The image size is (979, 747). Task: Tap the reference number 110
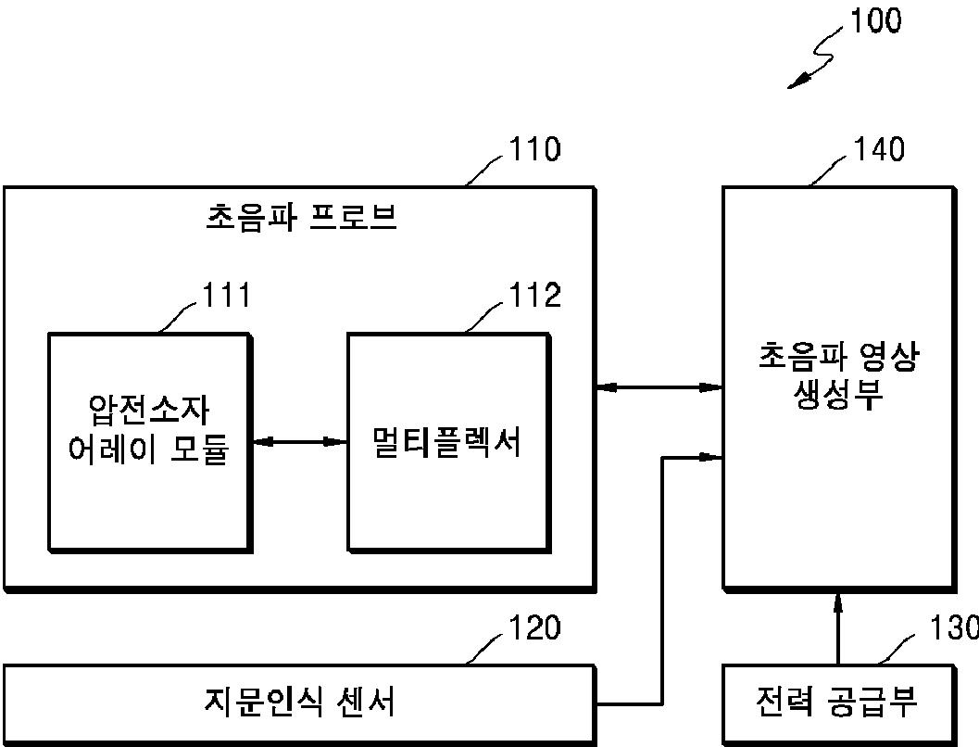534,149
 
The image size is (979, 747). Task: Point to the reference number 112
534,297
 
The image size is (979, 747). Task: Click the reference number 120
534,628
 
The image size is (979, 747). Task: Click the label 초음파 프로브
300,218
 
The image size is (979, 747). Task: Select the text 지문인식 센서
299,702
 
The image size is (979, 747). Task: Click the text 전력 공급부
836,702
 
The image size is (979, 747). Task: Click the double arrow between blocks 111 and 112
299,442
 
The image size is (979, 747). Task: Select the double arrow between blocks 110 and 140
659,386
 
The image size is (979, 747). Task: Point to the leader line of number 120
484,649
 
